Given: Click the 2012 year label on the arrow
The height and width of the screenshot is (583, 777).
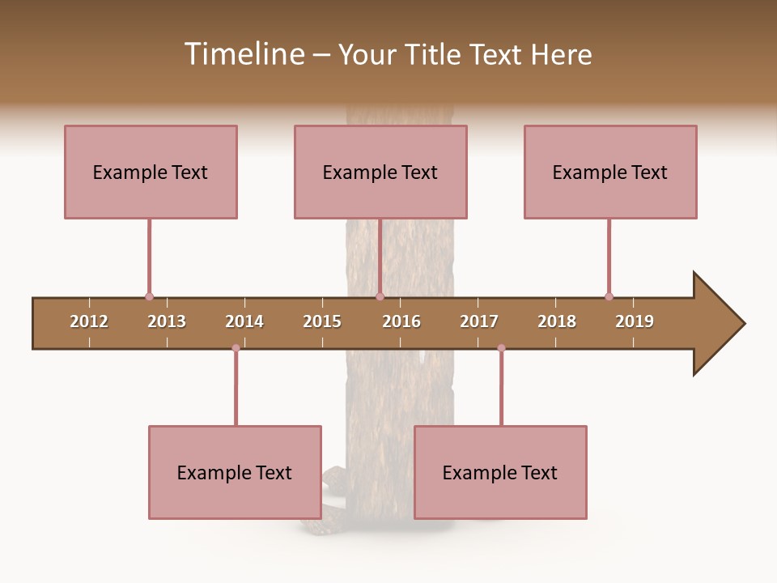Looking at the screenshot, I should pos(89,321).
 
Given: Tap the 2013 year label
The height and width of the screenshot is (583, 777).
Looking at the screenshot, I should pos(167,321).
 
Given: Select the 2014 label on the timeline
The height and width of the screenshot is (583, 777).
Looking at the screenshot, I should pos(244,321).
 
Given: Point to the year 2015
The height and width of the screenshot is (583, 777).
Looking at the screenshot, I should pos(322,321).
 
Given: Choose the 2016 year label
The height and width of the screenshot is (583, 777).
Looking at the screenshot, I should pos(401,321).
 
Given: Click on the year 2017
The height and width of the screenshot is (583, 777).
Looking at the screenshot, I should pos(479,321).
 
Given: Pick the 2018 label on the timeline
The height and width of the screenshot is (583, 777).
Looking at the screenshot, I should pos(557,321).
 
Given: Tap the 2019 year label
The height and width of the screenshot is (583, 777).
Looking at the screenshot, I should pos(635,321).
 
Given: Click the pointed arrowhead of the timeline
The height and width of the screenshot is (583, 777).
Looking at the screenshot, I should pos(720,324).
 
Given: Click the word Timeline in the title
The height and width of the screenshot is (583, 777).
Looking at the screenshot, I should pos(243,54).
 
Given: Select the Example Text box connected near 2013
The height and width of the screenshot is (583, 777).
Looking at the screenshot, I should pos(151,172).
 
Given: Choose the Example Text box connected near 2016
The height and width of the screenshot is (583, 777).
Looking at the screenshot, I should pos(380,172).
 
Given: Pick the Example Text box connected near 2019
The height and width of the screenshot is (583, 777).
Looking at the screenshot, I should pos(610,172).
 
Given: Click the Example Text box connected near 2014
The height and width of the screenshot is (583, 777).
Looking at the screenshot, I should pos(235,472).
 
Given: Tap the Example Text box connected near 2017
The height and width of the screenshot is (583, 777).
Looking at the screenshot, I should pos(500,472).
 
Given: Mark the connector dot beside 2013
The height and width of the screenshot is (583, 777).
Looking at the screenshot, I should pos(149,296).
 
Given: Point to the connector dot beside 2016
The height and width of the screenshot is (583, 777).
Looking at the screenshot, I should pos(380,296).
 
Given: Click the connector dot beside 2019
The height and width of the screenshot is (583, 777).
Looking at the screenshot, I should pos(609,296).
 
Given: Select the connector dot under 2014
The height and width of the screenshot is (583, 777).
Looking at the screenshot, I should pos(236,348).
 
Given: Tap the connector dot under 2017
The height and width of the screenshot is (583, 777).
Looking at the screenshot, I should pos(501,348).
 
